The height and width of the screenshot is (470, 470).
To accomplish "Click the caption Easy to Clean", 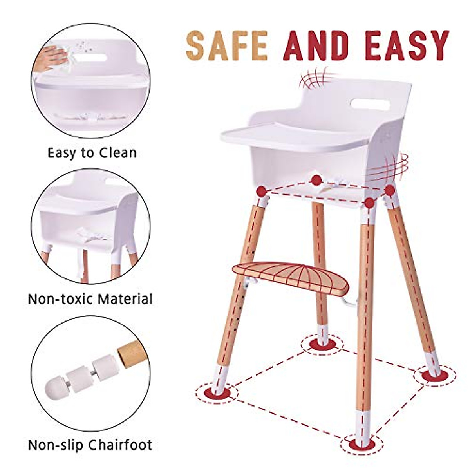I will coord(92,152).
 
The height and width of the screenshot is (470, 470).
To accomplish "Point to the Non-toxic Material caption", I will coord(90,299).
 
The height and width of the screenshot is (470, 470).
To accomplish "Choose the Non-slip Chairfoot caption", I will coord(90,445).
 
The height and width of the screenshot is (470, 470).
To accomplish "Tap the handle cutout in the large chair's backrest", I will coord(370,104).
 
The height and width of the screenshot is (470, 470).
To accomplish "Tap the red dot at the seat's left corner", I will coord(261,191).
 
